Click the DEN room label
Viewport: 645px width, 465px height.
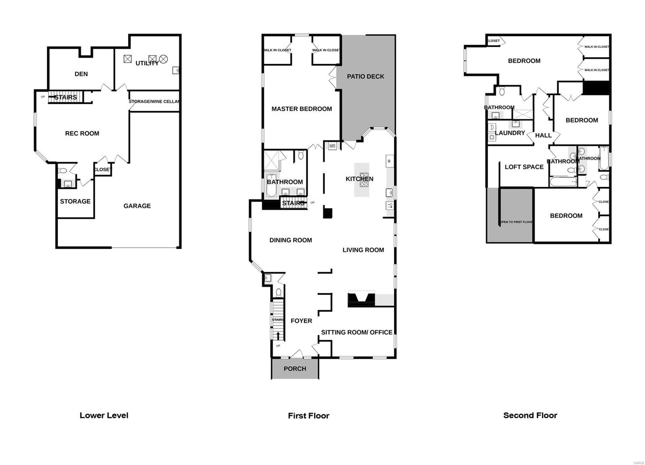(x=81, y=74)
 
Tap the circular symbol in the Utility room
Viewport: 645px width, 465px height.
(x=163, y=59)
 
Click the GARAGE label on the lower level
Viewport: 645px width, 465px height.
(x=137, y=206)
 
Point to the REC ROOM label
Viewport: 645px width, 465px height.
(x=82, y=133)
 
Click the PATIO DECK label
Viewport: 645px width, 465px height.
(x=366, y=76)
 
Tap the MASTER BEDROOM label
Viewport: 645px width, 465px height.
(x=302, y=109)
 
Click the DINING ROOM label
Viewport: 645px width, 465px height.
(x=291, y=240)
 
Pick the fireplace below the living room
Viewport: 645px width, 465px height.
(x=361, y=299)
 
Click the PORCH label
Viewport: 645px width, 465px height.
(x=295, y=369)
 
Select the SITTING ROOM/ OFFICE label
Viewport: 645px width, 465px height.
(x=357, y=332)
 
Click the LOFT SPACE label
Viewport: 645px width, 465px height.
(x=524, y=167)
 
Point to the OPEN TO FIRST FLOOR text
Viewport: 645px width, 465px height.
(x=516, y=222)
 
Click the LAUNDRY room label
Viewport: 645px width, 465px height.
(x=510, y=133)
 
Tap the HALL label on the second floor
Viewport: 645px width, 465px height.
(x=543, y=135)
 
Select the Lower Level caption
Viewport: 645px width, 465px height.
(x=104, y=415)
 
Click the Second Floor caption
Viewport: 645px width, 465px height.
(x=530, y=415)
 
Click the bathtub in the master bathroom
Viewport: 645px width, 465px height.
(x=271, y=185)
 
